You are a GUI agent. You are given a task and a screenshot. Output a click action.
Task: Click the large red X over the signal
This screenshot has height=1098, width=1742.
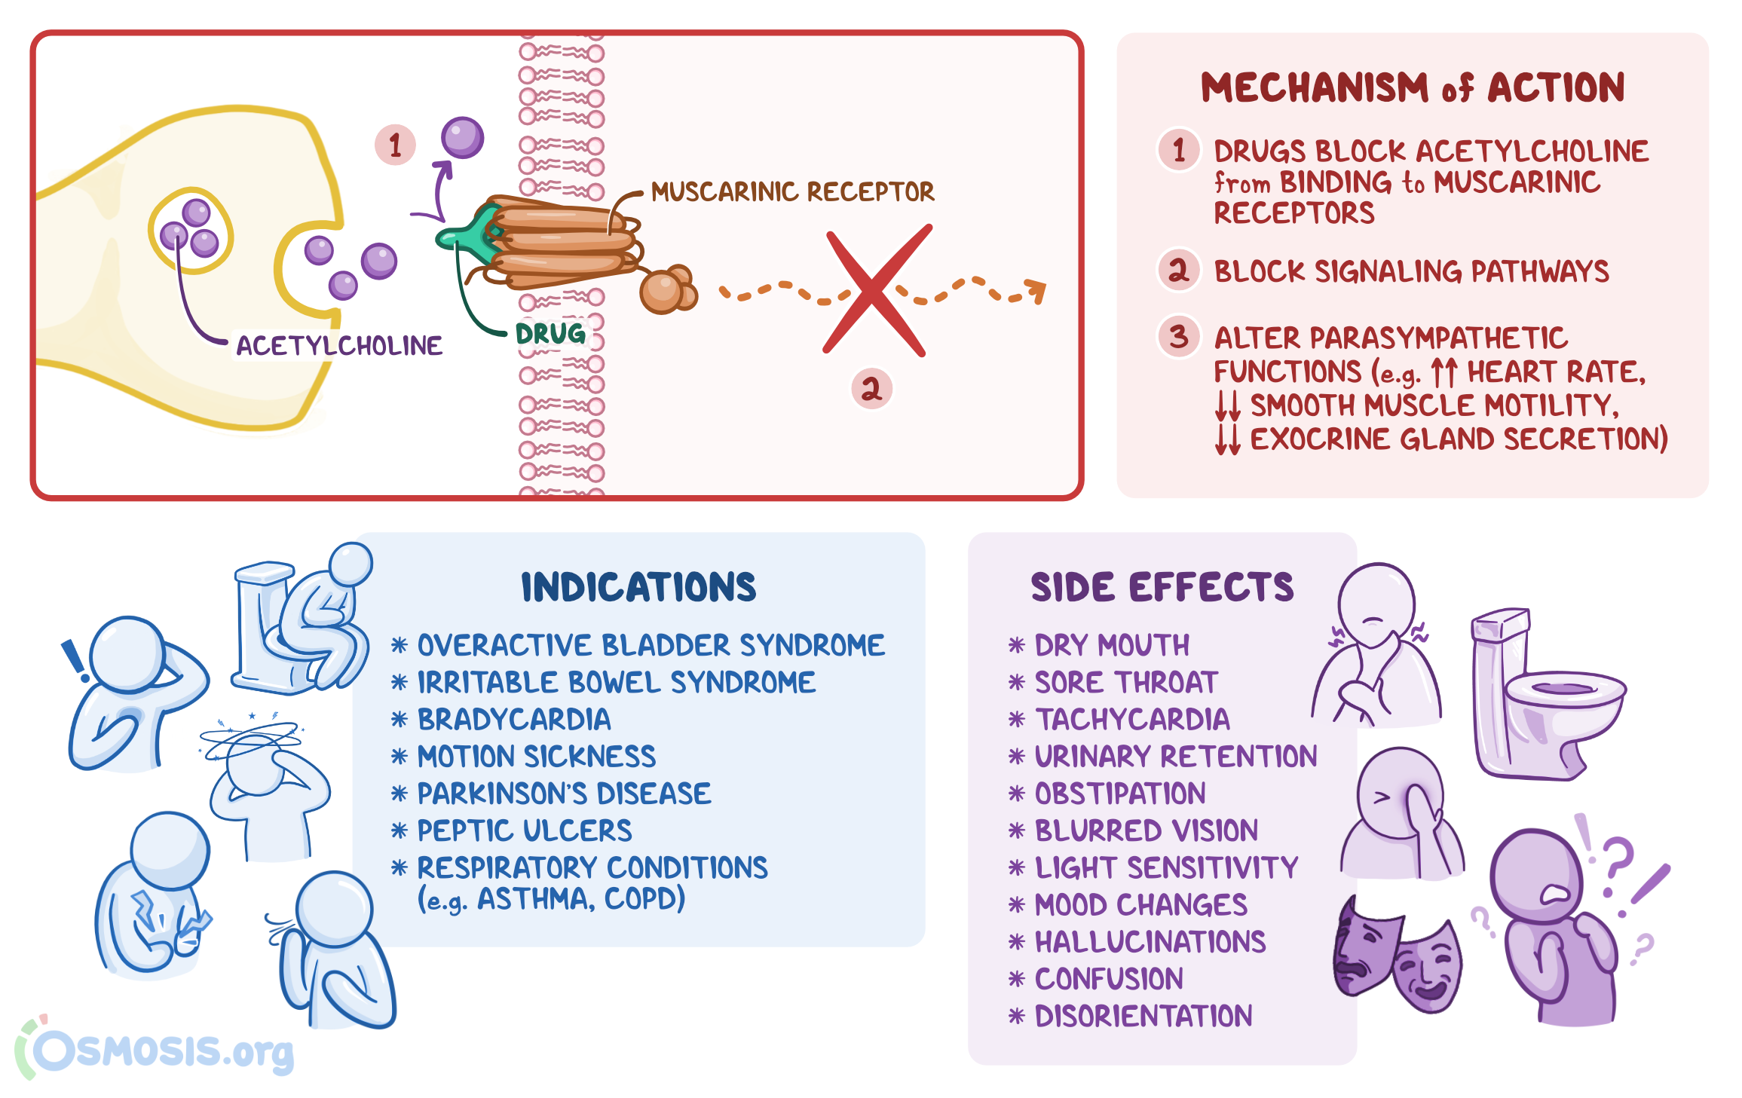[x=874, y=290]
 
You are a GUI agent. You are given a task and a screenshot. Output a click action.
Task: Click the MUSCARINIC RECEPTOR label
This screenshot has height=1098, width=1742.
[x=792, y=192]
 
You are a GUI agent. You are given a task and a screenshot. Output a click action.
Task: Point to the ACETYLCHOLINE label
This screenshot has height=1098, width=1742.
[x=339, y=346]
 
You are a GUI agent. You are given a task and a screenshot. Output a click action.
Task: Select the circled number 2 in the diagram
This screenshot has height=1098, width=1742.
[x=871, y=389]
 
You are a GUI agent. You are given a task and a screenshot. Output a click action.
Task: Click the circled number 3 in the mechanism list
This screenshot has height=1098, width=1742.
[x=1179, y=336]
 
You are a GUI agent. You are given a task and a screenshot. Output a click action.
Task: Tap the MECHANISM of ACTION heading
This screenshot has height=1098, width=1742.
[x=1412, y=87]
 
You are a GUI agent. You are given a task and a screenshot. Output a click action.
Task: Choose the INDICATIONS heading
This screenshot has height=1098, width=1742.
[x=638, y=588]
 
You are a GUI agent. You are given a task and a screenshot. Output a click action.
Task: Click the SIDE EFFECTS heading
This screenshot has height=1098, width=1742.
[x=1162, y=588]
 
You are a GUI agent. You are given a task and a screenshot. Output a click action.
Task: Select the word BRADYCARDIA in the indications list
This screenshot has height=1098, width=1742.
[x=514, y=720]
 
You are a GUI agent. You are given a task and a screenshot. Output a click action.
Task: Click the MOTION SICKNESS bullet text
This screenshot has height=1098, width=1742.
[x=537, y=757]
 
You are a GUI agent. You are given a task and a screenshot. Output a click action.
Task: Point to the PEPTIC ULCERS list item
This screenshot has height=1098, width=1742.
[x=525, y=830]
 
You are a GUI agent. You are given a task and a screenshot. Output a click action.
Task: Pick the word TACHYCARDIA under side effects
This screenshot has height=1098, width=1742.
[x=1132, y=720]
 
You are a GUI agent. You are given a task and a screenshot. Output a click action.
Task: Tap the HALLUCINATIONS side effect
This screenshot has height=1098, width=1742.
[x=1150, y=942]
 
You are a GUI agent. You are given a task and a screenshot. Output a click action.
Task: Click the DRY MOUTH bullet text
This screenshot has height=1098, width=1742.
[x=1112, y=646]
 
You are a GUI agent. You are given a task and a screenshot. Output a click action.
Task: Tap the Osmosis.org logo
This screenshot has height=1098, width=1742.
[x=158, y=1050]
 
